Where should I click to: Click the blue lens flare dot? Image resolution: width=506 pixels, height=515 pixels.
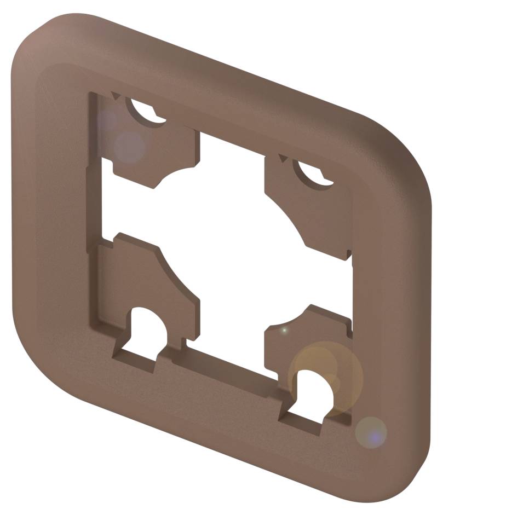tap(373, 436)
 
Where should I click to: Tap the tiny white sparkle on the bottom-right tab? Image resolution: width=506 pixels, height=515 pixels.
tap(284, 330)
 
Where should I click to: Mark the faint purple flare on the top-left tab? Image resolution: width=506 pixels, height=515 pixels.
tap(129, 145)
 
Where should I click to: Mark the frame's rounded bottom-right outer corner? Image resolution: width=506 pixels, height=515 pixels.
tap(405, 482)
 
